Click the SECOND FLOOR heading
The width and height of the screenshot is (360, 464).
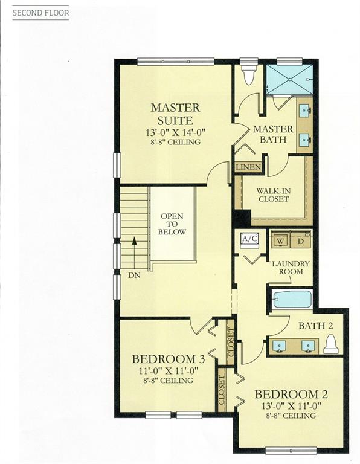click(41, 13)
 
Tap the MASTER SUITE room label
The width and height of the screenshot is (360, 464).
click(175, 114)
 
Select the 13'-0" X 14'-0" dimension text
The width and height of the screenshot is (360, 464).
click(175, 132)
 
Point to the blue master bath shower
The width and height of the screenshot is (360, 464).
click(289, 79)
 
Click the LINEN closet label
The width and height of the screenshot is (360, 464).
click(248, 167)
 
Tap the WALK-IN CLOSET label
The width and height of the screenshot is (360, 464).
click(274, 195)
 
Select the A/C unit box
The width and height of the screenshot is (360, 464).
click(250, 239)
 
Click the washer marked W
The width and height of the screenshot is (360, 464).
click(280, 241)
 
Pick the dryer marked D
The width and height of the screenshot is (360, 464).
click(300, 241)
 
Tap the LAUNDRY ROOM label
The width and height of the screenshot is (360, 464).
click(291, 268)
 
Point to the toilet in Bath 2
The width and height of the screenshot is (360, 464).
click(330, 344)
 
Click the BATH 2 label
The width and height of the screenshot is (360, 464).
click(316, 326)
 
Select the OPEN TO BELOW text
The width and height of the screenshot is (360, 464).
click(172, 224)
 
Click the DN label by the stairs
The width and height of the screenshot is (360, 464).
click(134, 275)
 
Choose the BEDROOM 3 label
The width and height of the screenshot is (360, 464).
click(169, 359)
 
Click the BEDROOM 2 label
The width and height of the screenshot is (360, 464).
click(291, 395)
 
